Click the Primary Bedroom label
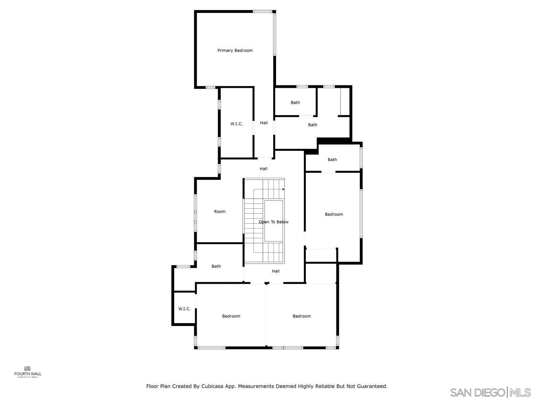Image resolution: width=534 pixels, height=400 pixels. [235, 50]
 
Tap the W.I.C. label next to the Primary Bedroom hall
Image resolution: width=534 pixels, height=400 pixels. [236, 124]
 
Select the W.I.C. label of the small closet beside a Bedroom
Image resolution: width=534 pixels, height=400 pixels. [184, 309]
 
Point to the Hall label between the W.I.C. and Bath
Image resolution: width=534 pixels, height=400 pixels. [264, 123]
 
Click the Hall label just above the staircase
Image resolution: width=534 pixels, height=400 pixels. [264, 168]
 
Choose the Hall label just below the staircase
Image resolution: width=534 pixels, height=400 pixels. [276, 271]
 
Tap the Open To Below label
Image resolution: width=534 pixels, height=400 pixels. [274, 222]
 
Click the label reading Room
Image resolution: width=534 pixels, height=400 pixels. [220, 211]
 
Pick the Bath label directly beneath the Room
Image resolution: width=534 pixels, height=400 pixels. [216, 266]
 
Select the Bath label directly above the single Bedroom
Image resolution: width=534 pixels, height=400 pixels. [332, 160]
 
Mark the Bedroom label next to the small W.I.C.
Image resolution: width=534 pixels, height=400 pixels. [231, 316]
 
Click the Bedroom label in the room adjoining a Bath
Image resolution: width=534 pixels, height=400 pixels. [334, 214]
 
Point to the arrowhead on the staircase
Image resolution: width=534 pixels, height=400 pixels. [283, 189]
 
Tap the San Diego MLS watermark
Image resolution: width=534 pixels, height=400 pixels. [490, 393]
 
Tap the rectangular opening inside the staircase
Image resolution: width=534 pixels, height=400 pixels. [274, 221]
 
